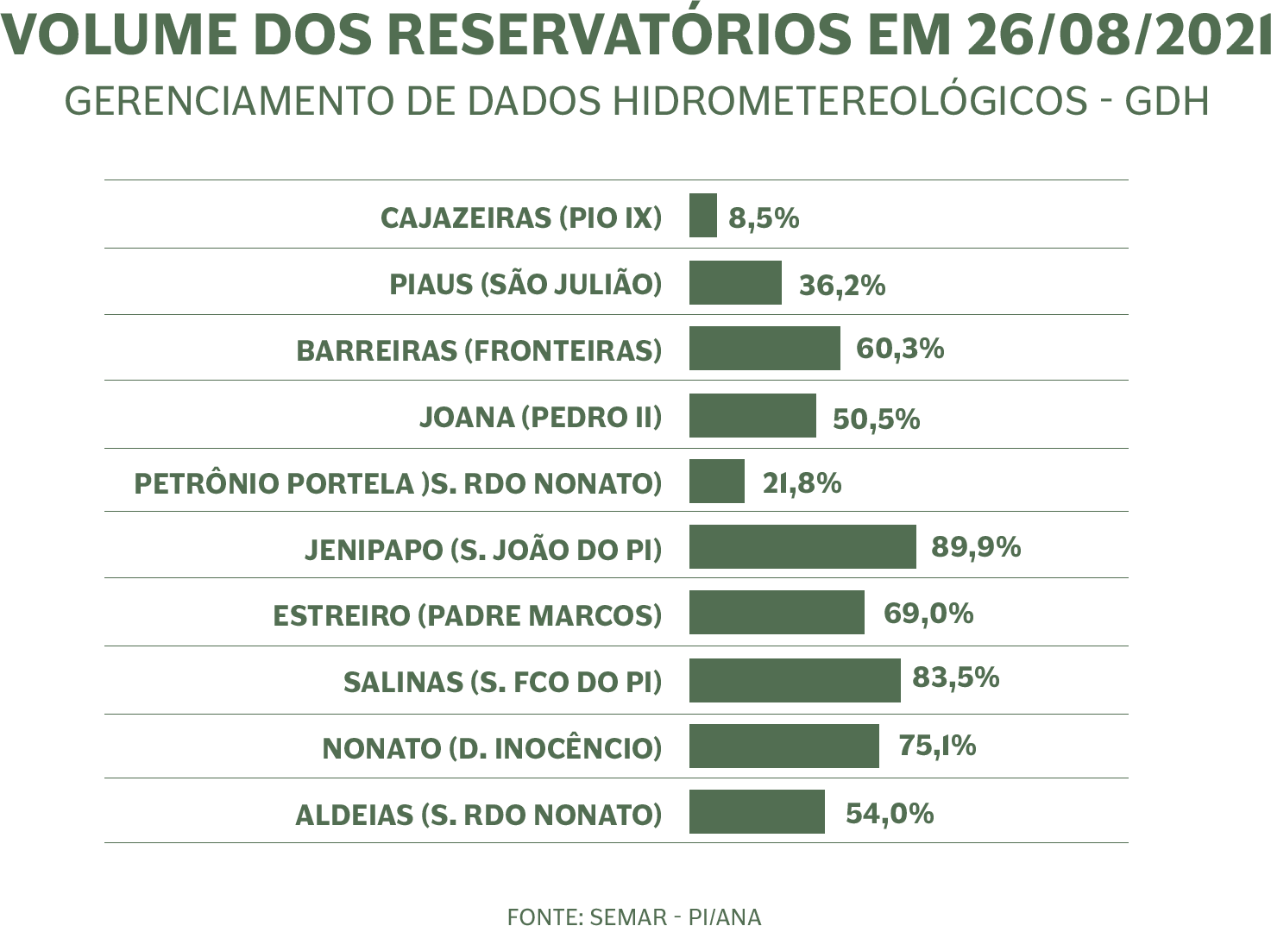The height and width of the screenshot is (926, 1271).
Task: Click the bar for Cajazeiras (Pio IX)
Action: [702, 216]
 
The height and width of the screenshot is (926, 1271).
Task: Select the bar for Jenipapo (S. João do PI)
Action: [802, 547]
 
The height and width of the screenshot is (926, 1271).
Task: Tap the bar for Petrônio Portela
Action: [716, 481]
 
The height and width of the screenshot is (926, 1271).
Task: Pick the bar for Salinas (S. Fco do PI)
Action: [794, 680]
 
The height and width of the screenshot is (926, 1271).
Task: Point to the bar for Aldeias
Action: [756, 811]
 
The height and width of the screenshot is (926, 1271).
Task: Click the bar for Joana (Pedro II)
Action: [752, 416]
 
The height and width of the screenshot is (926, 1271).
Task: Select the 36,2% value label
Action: [842, 286]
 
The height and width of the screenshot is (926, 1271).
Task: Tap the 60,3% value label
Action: [899, 350]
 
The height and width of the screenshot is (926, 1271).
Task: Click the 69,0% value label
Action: [928, 614]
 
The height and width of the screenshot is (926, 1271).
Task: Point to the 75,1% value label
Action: [937, 746]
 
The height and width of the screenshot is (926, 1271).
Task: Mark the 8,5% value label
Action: [764, 218]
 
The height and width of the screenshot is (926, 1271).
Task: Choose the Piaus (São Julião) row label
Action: [525, 284]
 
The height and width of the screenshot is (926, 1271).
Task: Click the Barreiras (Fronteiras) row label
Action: [478, 350]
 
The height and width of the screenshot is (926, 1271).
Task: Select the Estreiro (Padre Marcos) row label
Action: [466, 615]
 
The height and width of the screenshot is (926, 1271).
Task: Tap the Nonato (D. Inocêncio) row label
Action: [491, 748]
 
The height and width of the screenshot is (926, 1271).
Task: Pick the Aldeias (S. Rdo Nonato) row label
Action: [478, 815]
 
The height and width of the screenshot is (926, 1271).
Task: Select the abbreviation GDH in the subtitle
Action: [1167, 102]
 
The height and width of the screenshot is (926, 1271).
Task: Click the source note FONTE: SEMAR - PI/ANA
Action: [634, 917]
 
